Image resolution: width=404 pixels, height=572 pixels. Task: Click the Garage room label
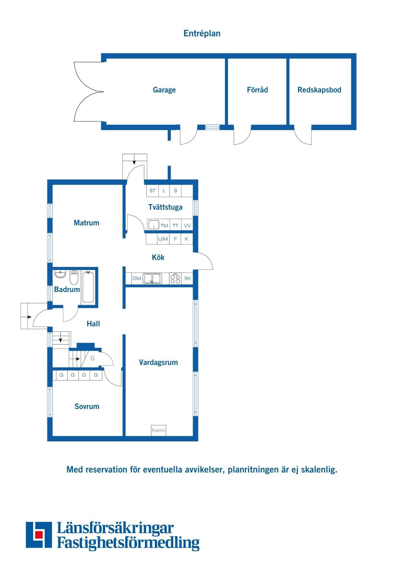(x=164, y=90)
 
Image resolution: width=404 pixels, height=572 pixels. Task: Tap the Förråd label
(x=257, y=90)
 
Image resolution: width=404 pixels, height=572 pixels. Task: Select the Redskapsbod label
(x=319, y=90)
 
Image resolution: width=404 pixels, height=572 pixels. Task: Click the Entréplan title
(x=202, y=33)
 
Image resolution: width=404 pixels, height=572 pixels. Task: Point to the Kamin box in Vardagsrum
(x=159, y=430)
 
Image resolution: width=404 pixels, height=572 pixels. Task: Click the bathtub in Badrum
(x=88, y=287)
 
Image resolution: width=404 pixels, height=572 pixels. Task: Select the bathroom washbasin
(x=60, y=274)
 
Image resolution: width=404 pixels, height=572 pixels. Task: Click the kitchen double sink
(x=152, y=278)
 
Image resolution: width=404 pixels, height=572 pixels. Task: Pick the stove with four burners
(x=175, y=278)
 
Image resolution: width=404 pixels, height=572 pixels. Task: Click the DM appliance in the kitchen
(x=137, y=278)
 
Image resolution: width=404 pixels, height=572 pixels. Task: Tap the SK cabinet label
(x=187, y=278)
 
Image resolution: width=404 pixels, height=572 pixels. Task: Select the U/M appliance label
(x=163, y=239)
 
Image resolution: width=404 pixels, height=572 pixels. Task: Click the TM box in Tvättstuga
(x=164, y=225)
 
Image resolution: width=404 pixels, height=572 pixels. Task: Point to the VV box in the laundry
(x=187, y=225)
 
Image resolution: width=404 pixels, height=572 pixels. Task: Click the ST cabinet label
(x=153, y=190)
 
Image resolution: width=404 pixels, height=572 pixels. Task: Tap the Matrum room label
(x=87, y=223)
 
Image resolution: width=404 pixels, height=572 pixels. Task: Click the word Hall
(x=93, y=324)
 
